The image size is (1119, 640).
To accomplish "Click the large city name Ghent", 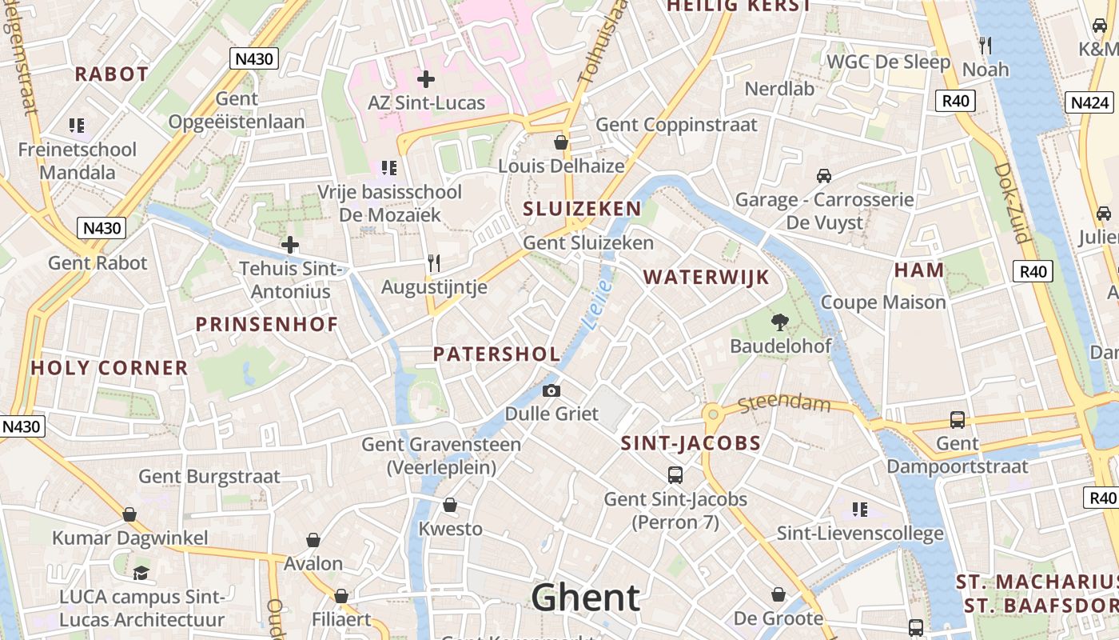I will click(x=585, y=598).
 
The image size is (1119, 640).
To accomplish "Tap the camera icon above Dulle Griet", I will click(x=552, y=391).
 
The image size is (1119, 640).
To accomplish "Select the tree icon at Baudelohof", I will click(x=780, y=322).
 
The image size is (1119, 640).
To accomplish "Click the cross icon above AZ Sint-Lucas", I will click(x=426, y=79).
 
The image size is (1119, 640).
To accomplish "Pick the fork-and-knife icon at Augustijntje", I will click(x=434, y=263).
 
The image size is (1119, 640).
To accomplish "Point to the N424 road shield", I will click(x=1089, y=102).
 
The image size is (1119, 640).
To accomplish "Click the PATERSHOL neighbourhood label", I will click(x=496, y=354).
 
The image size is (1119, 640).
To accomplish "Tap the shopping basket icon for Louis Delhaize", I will click(x=561, y=142).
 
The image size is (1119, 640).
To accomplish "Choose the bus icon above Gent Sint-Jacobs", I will click(x=675, y=475).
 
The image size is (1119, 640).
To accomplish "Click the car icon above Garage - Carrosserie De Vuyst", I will click(x=824, y=176).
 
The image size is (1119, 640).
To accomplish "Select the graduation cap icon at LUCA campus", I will click(x=141, y=573).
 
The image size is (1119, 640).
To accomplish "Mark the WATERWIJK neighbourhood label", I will click(x=706, y=278).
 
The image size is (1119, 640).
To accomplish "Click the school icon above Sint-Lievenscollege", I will click(x=860, y=510).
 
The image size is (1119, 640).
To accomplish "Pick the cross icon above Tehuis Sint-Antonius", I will click(x=290, y=245).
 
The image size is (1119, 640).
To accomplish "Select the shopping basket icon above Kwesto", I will click(x=450, y=506).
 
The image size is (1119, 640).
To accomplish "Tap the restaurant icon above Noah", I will click(x=986, y=46).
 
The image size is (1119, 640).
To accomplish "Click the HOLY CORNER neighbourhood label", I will click(x=110, y=368).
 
